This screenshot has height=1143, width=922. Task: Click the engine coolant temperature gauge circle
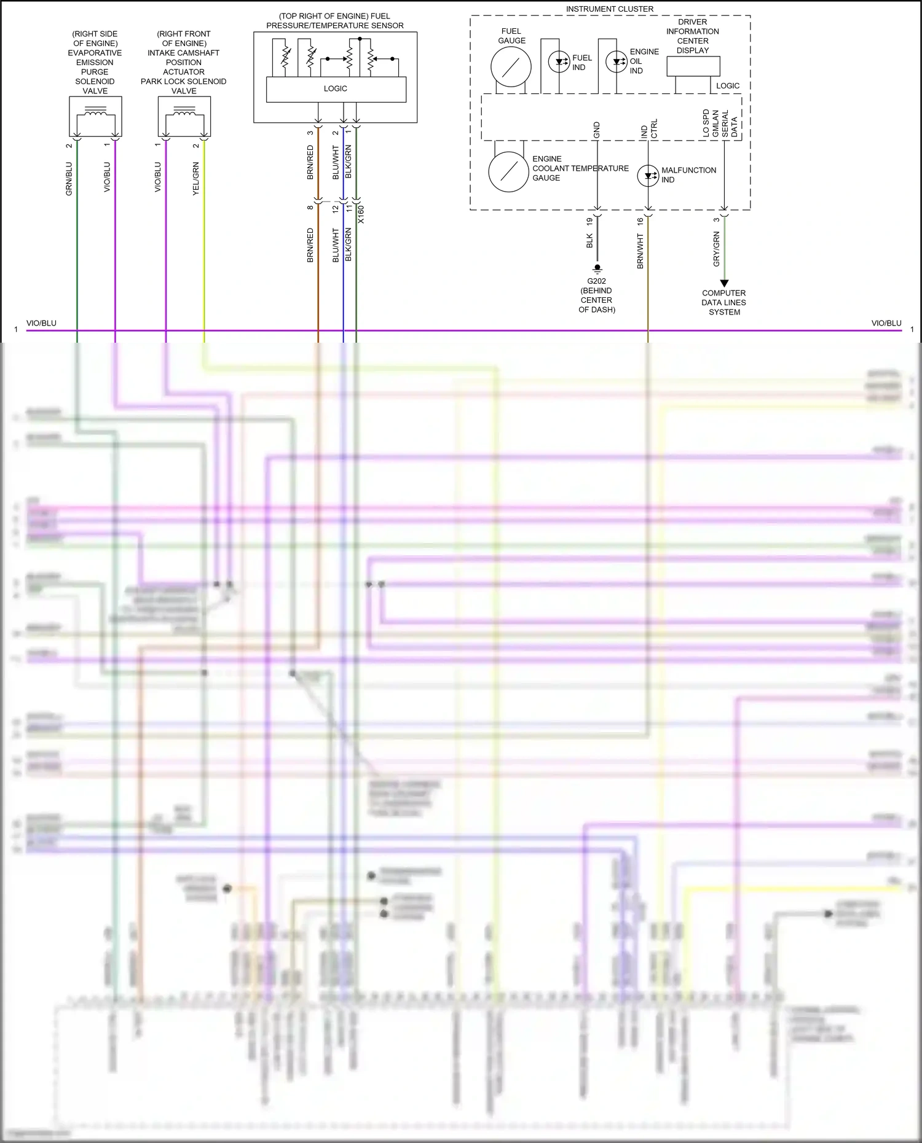point(508,172)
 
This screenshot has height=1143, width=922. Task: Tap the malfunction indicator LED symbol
point(648,175)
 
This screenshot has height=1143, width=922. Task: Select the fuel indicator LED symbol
point(559,62)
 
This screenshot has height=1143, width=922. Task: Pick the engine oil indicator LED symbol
point(617,61)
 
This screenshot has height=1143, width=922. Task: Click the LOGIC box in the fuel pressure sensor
point(336,89)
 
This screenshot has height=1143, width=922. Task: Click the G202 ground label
point(596,281)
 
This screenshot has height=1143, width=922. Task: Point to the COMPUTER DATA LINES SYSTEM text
point(724,302)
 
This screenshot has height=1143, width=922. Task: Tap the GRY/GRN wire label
point(716,249)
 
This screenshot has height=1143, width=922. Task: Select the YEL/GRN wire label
point(196,179)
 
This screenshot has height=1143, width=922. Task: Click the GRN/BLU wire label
point(69,179)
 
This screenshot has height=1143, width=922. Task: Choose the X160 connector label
point(361,214)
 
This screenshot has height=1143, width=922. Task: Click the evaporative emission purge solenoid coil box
point(95,116)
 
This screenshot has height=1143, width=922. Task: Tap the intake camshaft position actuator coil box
point(184,116)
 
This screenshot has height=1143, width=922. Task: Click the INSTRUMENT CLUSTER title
point(609,9)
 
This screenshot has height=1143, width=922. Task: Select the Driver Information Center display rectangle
point(693,66)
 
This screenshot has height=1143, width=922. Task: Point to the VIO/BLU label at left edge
point(41,323)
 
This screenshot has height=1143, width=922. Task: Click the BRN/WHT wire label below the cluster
point(640,251)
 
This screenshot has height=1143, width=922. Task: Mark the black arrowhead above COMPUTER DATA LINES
point(724,283)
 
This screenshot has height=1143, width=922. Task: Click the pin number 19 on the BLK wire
point(589,221)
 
